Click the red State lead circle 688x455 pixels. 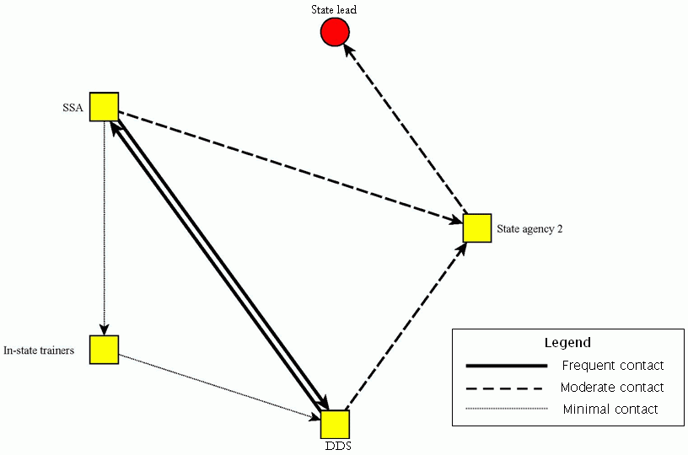point(335,33)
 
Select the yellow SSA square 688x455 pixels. point(104,107)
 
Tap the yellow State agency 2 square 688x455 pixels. point(476,228)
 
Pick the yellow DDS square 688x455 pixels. point(335,424)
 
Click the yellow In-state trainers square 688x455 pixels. point(104,350)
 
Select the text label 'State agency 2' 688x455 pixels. point(529,228)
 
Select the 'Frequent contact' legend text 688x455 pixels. point(612,366)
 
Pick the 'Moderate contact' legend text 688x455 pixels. point(612,388)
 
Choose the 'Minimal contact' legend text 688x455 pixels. point(610,409)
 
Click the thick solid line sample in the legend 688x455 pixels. point(506,367)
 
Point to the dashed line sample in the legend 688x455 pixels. point(506,388)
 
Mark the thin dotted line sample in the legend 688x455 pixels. point(506,409)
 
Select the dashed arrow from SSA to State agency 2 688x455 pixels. point(287,168)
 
